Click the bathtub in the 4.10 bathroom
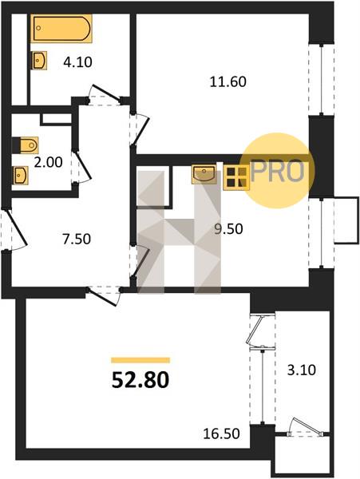click(x=61, y=29)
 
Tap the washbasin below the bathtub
click(x=39, y=60)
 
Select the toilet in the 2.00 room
click(x=26, y=145)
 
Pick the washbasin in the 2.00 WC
click(x=21, y=175)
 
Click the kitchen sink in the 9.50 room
click(x=204, y=174)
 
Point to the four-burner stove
click(x=235, y=177)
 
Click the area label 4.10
click(x=77, y=62)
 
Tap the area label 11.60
click(x=227, y=82)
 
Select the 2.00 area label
click(x=48, y=162)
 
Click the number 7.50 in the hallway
click(x=77, y=239)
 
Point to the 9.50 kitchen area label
click(x=228, y=229)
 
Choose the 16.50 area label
click(x=221, y=433)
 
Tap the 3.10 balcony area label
click(x=302, y=370)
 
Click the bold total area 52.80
click(x=140, y=380)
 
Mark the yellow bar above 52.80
click(x=140, y=360)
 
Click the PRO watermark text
click(x=277, y=172)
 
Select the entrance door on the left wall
click(x=14, y=229)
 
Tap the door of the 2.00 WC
click(x=81, y=167)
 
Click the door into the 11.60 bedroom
click(x=140, y=129)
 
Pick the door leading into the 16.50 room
click(x=104, y=295)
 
